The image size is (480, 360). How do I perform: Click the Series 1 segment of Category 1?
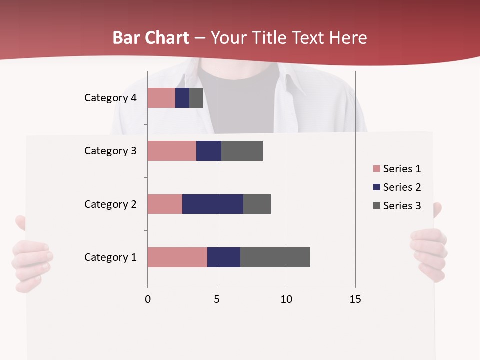pyautogui.click(x=177, y=257)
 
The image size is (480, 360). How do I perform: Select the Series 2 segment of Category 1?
pyautogui.click(x=224, y=257)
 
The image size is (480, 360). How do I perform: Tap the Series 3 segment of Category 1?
pyautogui.click(x=275, y=257)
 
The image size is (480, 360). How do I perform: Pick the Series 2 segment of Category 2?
pyautogui.click(x=213, y=204)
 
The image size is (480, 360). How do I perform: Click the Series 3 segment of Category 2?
pyautogui.click(x=257, y=204)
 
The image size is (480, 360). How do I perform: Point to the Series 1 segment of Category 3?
pyautogui.click(x=172, y=151)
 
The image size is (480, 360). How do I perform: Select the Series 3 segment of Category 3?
pyautogui.click(x=242, y=151)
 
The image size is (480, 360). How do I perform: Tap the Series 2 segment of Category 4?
pyautogui.click(x=182, y=98)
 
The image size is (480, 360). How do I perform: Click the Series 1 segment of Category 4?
pyautogui.click(x=161, y=98)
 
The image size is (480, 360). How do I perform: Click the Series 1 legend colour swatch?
pyautogui.click(x=376, y=169)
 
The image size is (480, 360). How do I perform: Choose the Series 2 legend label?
pyautogui.click(x=402, y=187)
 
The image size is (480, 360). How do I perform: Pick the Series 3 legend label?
pyautogui.click(x=402, y=206)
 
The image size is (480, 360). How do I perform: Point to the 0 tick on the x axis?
pyautogui.click(x=147, y=299)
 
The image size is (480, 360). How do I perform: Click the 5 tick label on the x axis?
pyautogui.click(x=217, y=299)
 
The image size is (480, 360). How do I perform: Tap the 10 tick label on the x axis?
pyautogui.click(x=286, y=299)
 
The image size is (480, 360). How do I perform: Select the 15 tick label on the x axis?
pyautogui.click(x=355, y=299)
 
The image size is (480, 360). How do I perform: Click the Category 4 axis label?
pyautogui.click(x=110, y=98)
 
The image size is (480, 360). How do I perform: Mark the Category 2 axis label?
pyautogui.click(x=110, y=204)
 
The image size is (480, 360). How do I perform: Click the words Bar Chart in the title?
pyautogui.click(x=151, y=38)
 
